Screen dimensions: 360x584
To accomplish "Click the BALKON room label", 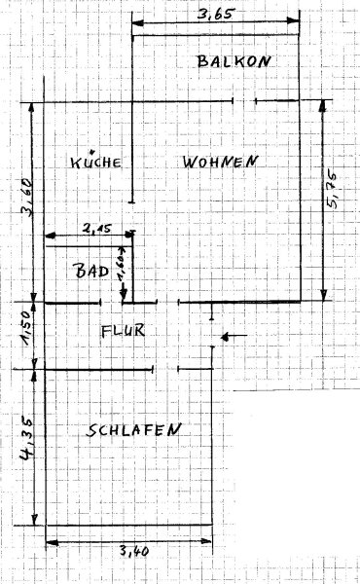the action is (234, 61).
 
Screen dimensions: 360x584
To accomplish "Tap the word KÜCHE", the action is (95, 161).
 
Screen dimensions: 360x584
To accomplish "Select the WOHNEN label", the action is (220, 162).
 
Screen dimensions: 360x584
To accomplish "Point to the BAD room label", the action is (92, 271).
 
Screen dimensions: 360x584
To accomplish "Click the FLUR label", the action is (123, 331).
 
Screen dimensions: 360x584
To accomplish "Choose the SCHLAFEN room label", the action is (133, 430).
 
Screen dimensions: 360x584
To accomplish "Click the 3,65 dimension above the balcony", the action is (215, 15).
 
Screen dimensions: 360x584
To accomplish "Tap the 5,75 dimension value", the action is (332, 190).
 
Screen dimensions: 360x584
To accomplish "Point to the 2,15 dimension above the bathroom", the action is (96, 229).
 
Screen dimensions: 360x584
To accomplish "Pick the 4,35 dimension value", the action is (27, 438).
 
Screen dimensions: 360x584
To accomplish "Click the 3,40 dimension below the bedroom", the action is (134, 550).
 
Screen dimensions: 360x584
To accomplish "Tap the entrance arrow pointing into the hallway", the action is (234, 337).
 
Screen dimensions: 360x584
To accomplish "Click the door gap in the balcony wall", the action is (244, 100).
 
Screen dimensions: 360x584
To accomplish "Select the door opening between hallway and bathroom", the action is (111, 303).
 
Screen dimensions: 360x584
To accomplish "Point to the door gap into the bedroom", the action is (165, 369).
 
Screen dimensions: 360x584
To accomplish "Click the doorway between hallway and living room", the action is (168, 302).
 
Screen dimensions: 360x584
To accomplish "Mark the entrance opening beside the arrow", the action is (212, 333).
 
